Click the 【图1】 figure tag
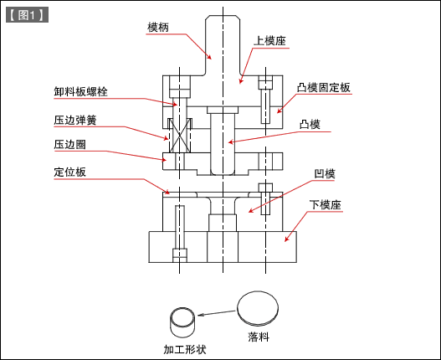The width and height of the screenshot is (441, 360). coord(25,14)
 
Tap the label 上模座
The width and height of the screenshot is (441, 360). coord(269,40)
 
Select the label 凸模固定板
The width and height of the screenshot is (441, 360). coord(323,87)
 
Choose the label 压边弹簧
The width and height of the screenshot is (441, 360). coord(74,120)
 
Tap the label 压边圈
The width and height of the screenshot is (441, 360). coord(69,144)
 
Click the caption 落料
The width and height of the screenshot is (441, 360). coord(259,337)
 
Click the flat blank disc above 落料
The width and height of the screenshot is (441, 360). coord(259,309)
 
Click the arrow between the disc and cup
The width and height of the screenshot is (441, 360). coord(218,315)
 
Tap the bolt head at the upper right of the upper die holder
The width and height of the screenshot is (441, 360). coord(266,83)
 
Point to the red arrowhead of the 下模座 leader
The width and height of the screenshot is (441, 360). coord(288,239)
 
